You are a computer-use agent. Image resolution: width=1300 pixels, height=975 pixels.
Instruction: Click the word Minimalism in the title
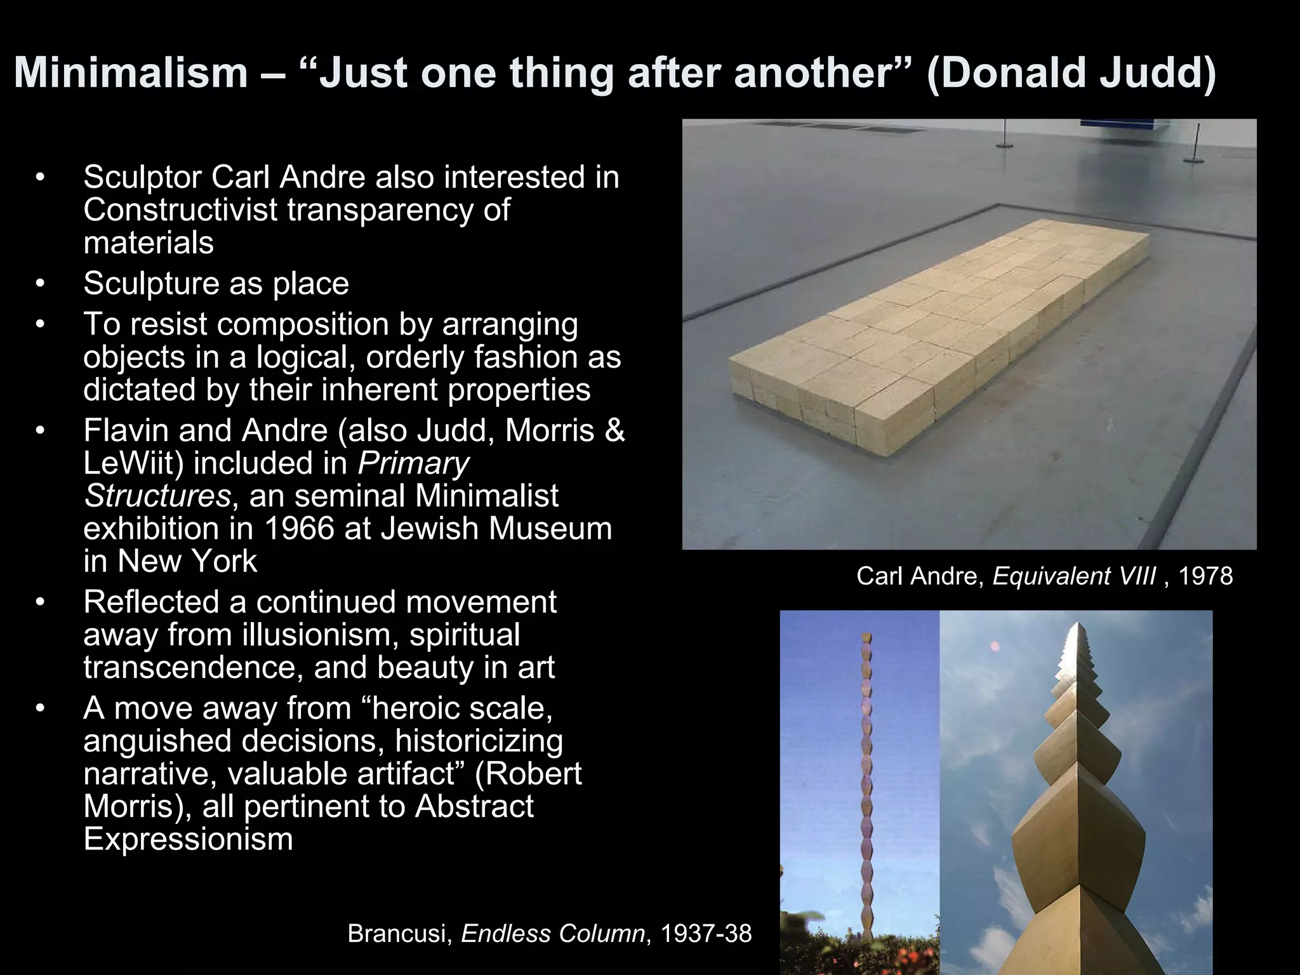pyautogui.click(x=131, y=73)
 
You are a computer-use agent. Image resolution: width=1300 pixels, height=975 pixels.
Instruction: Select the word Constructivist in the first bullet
pyautogui.click(x=180, y=210)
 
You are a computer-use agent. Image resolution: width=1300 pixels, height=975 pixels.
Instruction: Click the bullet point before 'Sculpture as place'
pyautogui.click(x=40, y=284)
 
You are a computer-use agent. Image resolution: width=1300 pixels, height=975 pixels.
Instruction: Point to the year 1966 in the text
pyautogui.click(x=298, y=529)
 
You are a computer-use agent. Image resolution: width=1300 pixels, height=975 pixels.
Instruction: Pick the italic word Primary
pyautogui.click(x=413, y=463)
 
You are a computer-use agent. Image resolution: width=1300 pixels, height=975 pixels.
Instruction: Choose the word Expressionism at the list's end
pyautogui.click(x=188, y=839)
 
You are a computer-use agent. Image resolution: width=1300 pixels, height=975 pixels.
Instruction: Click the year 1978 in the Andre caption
pyautogui.click(x=1205, y=576)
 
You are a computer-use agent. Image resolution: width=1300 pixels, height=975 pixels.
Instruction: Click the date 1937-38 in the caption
pyautogui.click(x=706, y=934)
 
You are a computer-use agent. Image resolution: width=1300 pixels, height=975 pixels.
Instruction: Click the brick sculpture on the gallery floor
pyautogui.click(x=939, y=330)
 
